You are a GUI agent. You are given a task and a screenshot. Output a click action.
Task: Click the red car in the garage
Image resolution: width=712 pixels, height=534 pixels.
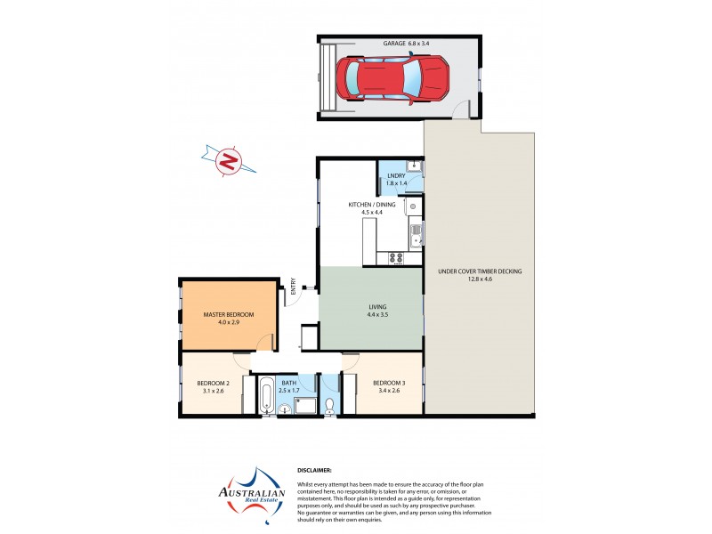392,77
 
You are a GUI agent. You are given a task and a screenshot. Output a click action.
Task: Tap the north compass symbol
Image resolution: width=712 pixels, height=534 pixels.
229,162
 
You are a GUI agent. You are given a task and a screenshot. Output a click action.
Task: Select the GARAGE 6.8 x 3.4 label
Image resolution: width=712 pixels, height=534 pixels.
405,43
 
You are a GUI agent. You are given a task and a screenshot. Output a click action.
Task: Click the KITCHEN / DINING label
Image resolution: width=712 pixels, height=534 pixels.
371,205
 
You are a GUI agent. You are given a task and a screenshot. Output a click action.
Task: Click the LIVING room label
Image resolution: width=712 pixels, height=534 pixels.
377,307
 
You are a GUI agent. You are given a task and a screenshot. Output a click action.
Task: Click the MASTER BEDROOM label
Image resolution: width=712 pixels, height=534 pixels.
229,314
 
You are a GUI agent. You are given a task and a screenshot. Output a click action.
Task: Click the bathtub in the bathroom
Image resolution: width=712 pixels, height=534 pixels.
267,396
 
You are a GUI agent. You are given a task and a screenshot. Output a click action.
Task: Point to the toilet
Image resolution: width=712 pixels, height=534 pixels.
329,405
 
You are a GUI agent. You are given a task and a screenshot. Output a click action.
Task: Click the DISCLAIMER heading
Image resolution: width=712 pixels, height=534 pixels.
314,469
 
